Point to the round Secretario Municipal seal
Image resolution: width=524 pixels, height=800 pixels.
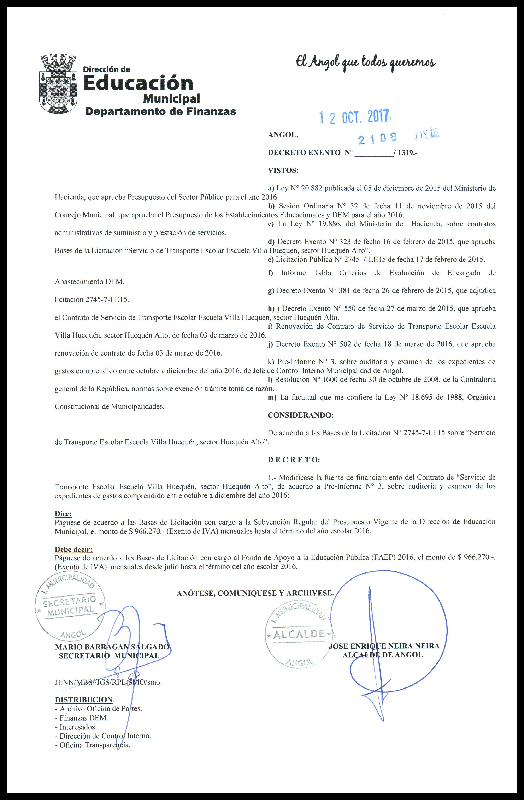pyautogui.click(x=70, y=603)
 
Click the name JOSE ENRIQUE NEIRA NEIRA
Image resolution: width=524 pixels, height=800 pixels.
pyautogui.click(x=384, y=646)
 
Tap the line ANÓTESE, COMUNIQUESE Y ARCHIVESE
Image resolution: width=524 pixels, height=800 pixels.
pyautogui.click(x=255, y=593)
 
